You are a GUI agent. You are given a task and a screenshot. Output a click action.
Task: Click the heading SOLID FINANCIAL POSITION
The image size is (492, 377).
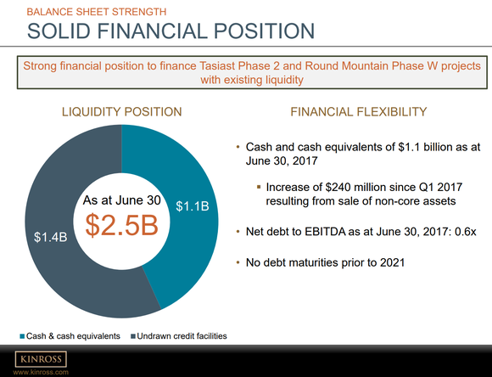tap(171, 31)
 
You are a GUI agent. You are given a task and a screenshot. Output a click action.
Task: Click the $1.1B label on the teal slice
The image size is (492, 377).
tap(192, 206)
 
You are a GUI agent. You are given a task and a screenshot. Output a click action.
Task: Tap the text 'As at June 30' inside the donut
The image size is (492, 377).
tap(121, 200)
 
